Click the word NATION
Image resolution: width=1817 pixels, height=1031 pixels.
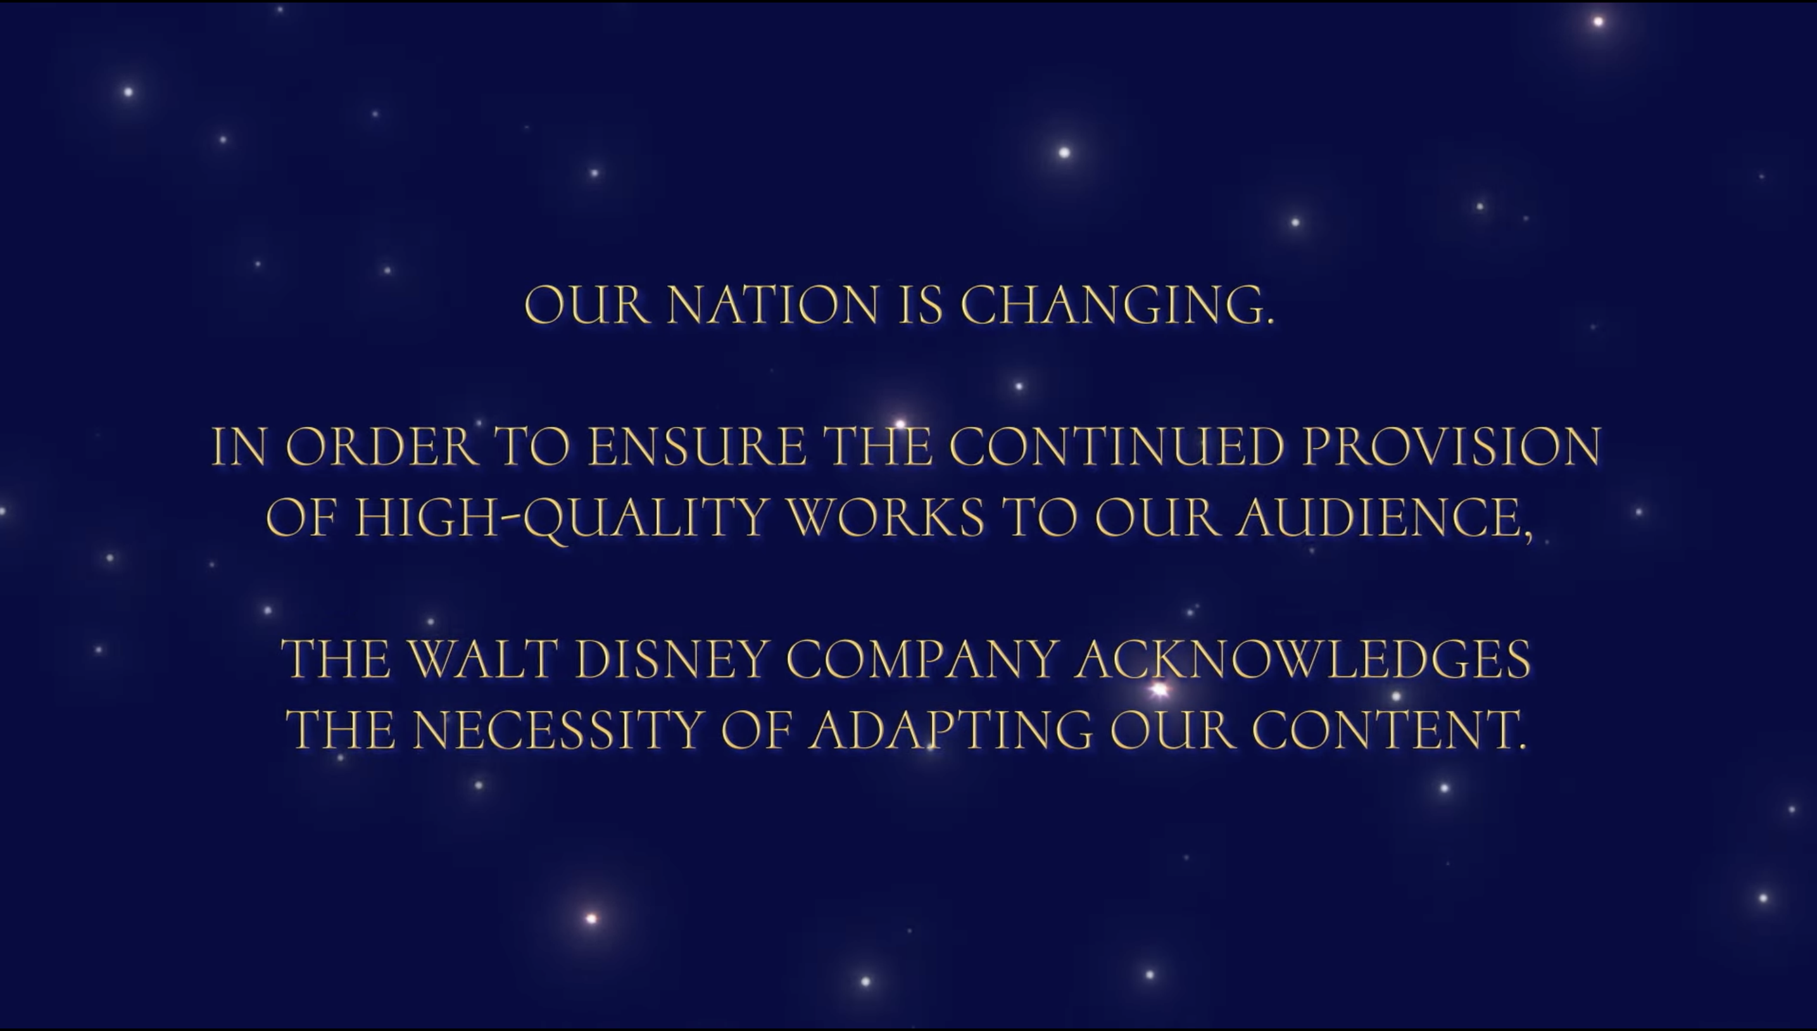[x=772, y=305]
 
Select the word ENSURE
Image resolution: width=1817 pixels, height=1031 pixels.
[x=696, y=447]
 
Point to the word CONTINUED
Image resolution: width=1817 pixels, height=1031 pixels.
[x=1116, y=447]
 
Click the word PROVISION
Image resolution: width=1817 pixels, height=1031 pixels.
[x=1452, y=447]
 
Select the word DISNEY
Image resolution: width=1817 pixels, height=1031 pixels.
[x=672, y=659]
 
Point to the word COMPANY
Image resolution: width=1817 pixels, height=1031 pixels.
[x=922, y=659]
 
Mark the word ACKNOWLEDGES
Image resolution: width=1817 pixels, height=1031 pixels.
[x=1302, y=659]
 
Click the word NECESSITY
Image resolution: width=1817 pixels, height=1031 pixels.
[x=557, y=730]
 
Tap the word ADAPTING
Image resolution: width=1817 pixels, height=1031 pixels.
[x=951, y=730]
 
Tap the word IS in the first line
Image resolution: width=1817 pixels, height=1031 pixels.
[x=919, y=305]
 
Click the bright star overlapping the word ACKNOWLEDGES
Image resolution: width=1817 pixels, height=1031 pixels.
[x=1159, y=689]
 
